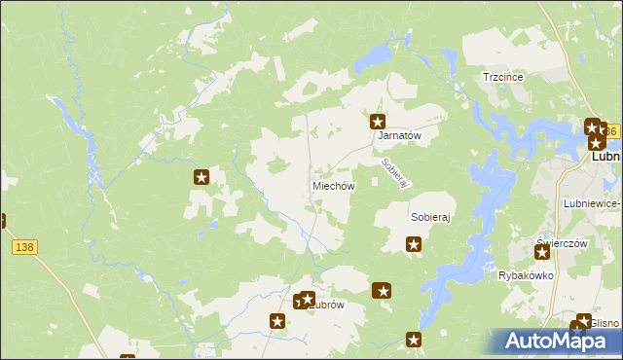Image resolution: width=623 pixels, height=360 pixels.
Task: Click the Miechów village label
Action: (333, 186)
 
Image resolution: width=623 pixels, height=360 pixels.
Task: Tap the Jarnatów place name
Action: (398, 137)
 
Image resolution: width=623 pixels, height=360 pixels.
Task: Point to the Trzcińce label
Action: (503, 77)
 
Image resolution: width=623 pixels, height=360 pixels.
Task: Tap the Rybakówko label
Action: (526, 275)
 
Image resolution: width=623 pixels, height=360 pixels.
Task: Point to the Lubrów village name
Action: (328, 305)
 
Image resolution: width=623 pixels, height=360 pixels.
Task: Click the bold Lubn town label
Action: (605, 156)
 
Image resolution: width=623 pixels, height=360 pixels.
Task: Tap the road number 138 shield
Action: (24, 248)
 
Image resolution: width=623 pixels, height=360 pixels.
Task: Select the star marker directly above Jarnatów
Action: (378, 123)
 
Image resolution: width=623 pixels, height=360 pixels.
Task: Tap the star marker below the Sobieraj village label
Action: (414, 245)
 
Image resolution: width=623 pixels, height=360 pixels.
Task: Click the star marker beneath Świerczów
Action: (542, 253)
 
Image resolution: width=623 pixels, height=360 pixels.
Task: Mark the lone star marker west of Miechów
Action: (202, 177)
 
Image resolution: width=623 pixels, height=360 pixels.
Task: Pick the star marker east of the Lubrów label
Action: (383, 290)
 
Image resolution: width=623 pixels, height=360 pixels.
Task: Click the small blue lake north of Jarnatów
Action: (371, 61)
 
